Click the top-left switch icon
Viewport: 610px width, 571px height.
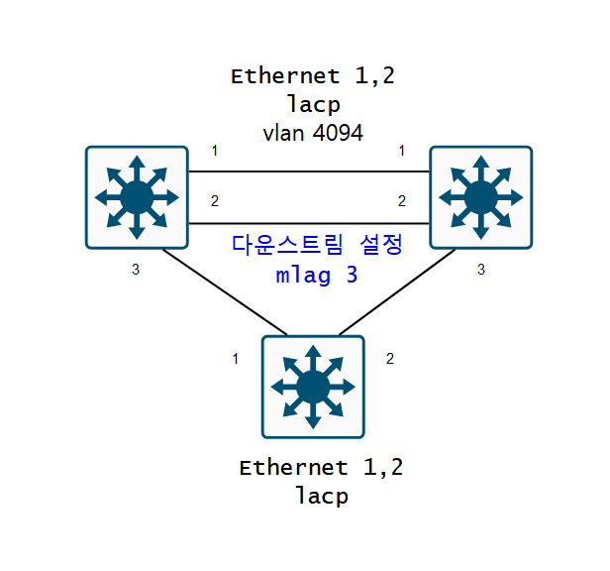click(x=137, y=196)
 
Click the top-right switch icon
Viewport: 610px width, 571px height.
click(x=480, y=196)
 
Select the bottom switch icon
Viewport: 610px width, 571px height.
click(x=313, y=387)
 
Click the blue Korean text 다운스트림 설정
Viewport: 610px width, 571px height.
click(x=318, y=245)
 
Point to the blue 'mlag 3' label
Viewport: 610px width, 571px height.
click(x=317, y=275)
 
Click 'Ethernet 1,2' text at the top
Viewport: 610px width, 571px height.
click(x=312, y=75)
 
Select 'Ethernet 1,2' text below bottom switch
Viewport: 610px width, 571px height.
click(x=322, y=467)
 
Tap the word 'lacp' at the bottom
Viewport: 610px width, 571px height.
click(x=322, y=496)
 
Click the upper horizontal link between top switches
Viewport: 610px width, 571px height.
click(x=308, y=171)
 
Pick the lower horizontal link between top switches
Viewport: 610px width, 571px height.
click(x=308, y=223)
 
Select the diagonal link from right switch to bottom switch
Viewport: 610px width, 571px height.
click(x=397, y=291)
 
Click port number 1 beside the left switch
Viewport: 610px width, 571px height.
click(x=214, y=151)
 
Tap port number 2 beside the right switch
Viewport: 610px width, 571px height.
click(x=402, y=201)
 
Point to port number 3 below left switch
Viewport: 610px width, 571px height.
click(x=136, y=269)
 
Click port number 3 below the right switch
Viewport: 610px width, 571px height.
click(x=481, y=269)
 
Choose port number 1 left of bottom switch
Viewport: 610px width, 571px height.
click(x=236, y=359)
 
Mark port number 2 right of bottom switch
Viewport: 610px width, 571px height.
click(x=390, y=359)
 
